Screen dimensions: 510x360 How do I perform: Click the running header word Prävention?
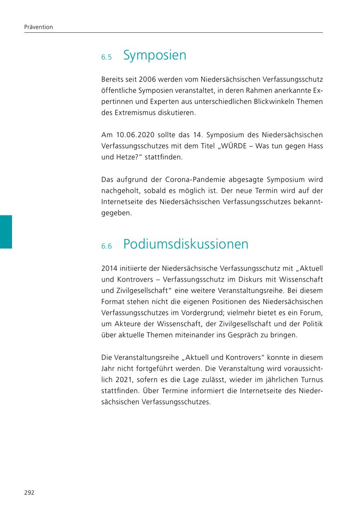click(38, 27)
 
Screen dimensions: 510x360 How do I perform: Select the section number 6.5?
click(106, 58)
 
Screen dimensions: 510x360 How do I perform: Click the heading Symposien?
click(154, 55)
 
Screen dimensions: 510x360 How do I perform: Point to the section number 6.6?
click(106, 247)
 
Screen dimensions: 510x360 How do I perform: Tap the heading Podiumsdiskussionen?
click(186, 244)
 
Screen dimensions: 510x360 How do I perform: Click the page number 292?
click(29, 492)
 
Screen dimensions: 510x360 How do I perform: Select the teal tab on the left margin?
click(6, 232)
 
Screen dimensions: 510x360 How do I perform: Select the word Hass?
click(315, 146)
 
